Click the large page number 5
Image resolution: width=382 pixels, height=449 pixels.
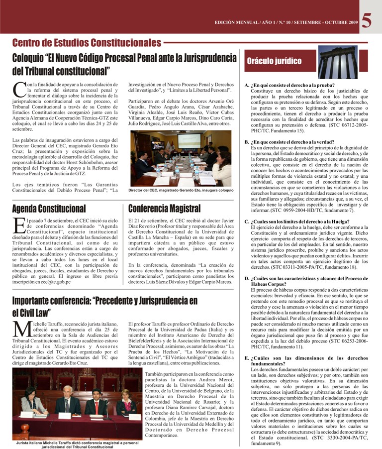tap(368, 20)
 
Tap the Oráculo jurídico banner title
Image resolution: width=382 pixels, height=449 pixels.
tap(275, 61)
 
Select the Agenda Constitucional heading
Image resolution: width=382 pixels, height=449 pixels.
tap(49, 208)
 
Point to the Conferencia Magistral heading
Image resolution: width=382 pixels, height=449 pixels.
tap(164, 208)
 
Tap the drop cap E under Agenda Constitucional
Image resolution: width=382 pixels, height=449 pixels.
tap(17, 225)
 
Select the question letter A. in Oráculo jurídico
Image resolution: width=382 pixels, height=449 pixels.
tap(247, 85)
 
